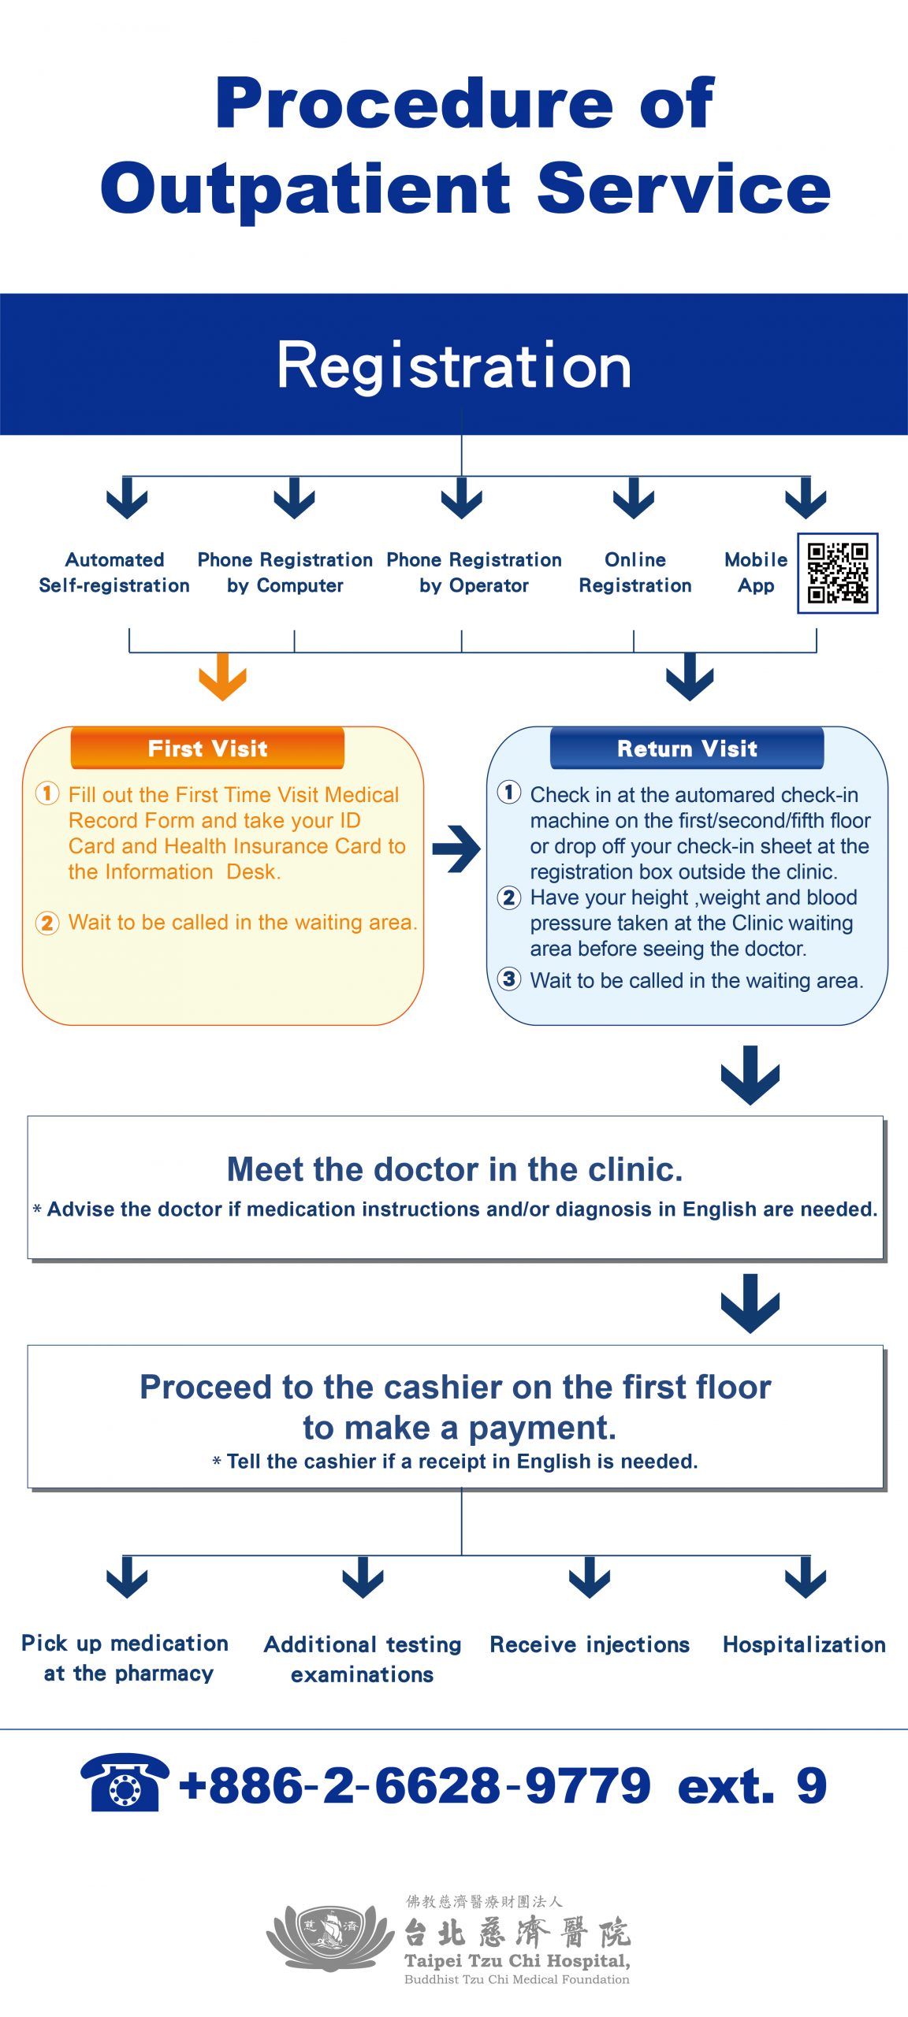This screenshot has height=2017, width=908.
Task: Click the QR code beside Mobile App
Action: click(838, 573)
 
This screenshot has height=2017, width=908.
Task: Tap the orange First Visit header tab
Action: click(207, 748)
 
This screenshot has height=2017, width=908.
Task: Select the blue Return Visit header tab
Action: click(687, 748)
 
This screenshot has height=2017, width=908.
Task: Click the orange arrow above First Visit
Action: click(222, 676)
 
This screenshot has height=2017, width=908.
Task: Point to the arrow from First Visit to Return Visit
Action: click(456, 849)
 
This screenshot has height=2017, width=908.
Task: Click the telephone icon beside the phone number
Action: click(125, 1782)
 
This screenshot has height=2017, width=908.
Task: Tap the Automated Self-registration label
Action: click(114, 573)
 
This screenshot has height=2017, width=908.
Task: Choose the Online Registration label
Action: click(635, 573)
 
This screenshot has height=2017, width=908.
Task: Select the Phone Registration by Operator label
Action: click(474, 573)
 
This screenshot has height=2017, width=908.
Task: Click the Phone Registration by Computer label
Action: click(285, 573)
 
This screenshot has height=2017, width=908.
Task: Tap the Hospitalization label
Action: click(804, 1644)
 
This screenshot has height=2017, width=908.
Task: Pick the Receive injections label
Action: click(590, 1645)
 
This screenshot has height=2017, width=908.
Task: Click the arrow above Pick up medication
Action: click(127, 1577)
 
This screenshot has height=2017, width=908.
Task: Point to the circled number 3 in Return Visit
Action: click(509, 979)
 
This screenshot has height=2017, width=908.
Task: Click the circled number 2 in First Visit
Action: click(47, 923)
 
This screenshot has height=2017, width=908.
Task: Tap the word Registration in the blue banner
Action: click(454, 366)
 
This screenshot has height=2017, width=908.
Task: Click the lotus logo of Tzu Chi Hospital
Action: click(330, 1937)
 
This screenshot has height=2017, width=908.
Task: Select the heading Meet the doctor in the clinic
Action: click(455, 1169)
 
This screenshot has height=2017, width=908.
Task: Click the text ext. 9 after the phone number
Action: click(752, 1785)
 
